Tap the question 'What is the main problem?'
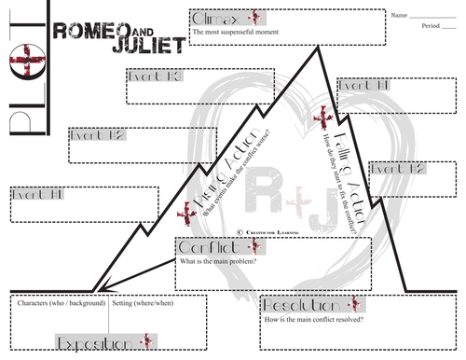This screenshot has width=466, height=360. pyautogui.click(x=220, y=262)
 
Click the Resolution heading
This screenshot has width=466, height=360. pyautogui.click(x=298, y=306)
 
